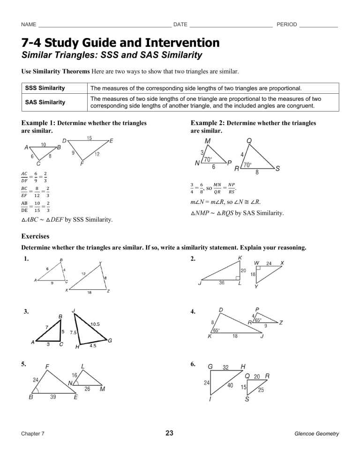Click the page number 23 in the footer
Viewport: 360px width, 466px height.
170,433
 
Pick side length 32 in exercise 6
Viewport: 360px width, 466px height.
225,367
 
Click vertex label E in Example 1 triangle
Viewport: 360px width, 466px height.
111,140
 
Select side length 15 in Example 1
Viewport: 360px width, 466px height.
89,137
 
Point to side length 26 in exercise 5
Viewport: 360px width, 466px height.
87,389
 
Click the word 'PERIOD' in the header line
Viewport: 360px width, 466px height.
287,24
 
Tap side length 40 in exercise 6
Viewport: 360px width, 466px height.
230,385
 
